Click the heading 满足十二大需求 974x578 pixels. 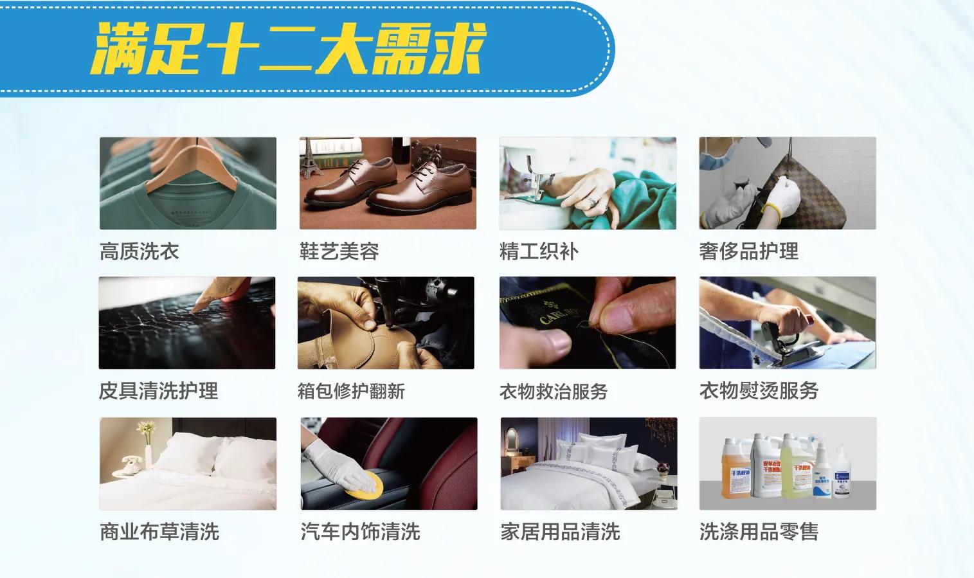[x=287, y=49]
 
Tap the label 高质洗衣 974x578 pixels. [x=140, y=251]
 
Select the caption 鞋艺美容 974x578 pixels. [x=339, y=251]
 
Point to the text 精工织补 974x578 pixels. [x=539, y=251]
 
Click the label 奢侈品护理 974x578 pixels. [x=749, y=251]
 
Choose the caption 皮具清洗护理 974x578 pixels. [x=158, y=391]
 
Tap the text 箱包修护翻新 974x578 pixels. [x=351, y=391]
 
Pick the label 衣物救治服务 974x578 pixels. [x=554, y=391]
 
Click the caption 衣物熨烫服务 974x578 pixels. [x=759, y=391]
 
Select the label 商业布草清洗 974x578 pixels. [x=159, y=532]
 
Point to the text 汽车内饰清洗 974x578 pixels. [x=360, y=532]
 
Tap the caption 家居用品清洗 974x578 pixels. [x=560, y=532]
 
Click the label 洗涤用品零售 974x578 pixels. [x=759, y=532]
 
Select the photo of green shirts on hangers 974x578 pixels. [x=188, y=183]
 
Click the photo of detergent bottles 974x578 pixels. [x=788, y=464]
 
